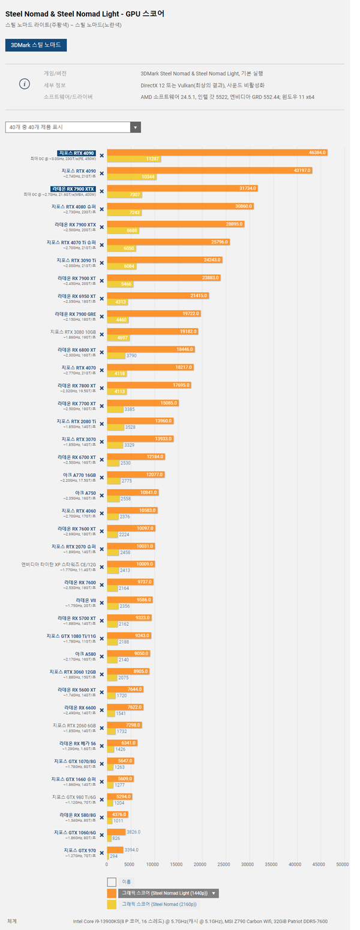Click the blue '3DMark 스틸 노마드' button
point(36,45)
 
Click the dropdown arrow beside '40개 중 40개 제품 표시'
point(136,127)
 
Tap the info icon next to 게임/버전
point(24,83)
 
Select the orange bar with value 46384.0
point(217,152)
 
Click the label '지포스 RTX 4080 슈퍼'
point(73,206)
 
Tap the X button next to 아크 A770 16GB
point(101,478)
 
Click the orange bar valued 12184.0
point(135,457)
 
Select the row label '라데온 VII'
point(86,600)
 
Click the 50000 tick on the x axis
point(342,865)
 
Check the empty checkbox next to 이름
point(112,881)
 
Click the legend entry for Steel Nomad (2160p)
point(159,904)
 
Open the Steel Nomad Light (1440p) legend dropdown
point(214,893)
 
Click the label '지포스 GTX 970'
point(79,850)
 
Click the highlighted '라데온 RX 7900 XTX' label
point(73,188)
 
